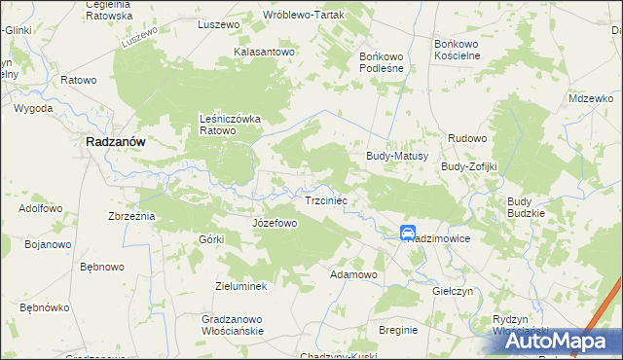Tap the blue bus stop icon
click(407, 232)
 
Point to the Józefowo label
click(275, 223)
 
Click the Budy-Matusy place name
click(397, 155)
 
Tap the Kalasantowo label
click(264, 52)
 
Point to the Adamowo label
click(353, 275)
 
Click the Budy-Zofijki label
click(469, 166)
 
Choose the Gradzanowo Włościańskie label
click(233, 325)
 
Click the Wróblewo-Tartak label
click(304, 16)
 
